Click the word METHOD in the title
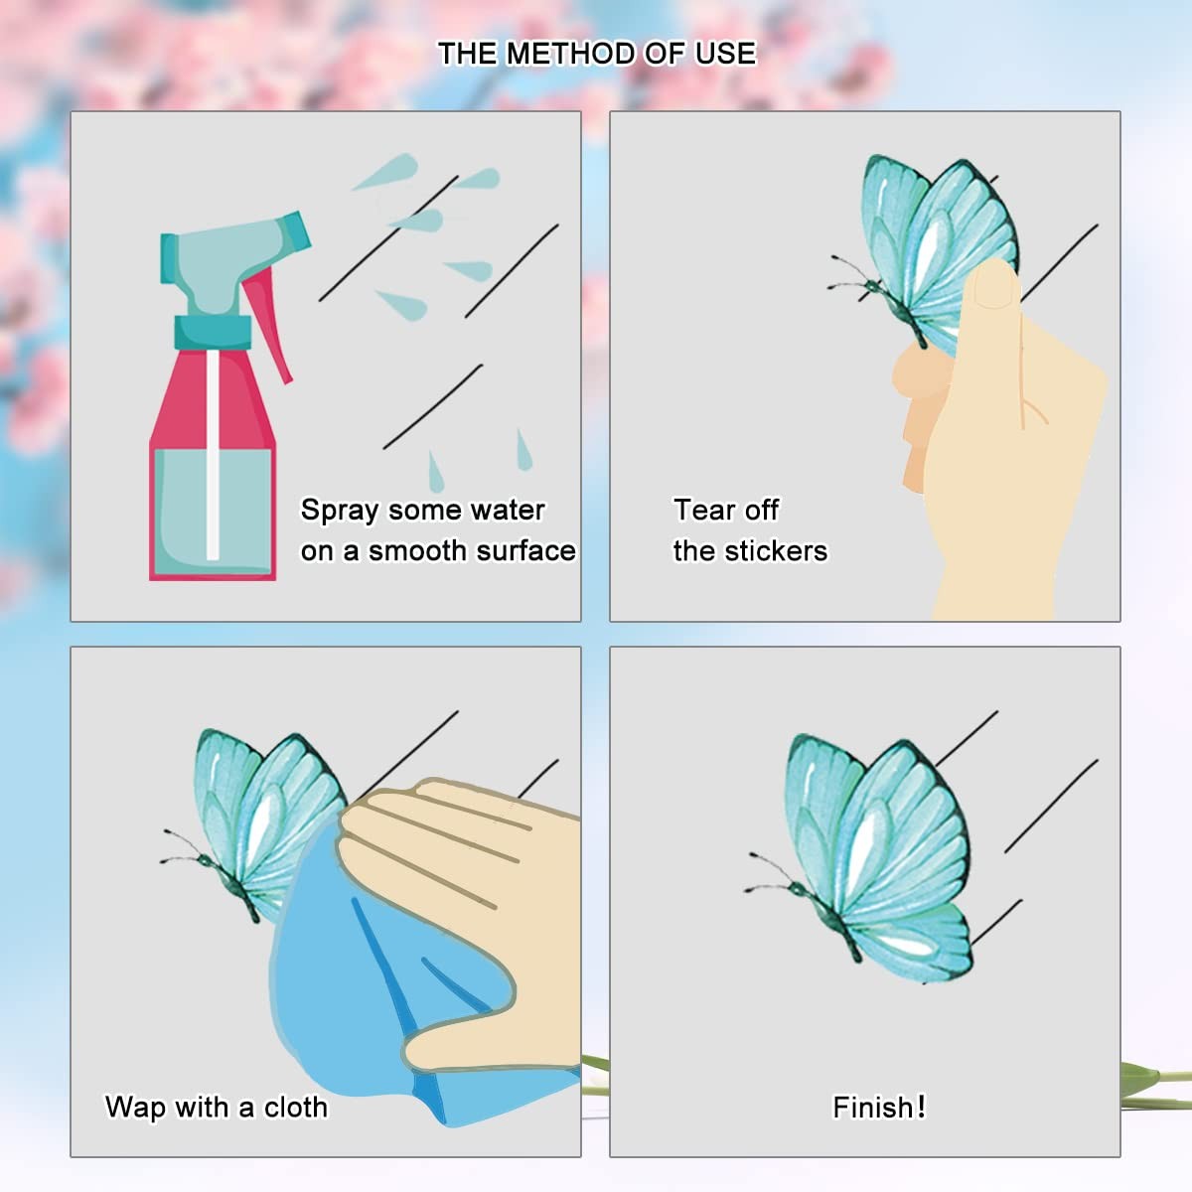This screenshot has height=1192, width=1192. click(570, 54)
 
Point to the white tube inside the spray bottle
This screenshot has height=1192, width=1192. click(213, 455)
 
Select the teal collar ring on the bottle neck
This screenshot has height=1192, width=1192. click(213, 332)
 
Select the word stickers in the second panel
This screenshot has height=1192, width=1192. click(775, 551)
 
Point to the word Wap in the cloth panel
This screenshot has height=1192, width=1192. click(135, 1107)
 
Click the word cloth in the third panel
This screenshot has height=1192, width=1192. click(295, 1107)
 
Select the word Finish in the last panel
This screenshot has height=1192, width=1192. click(872, 1108)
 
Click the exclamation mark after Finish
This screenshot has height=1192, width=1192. click(921, 1106)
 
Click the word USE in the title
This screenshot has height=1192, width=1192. click(725, 54)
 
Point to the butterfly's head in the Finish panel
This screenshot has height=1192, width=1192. click(796, 889)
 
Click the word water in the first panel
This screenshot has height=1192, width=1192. click(508, 511)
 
